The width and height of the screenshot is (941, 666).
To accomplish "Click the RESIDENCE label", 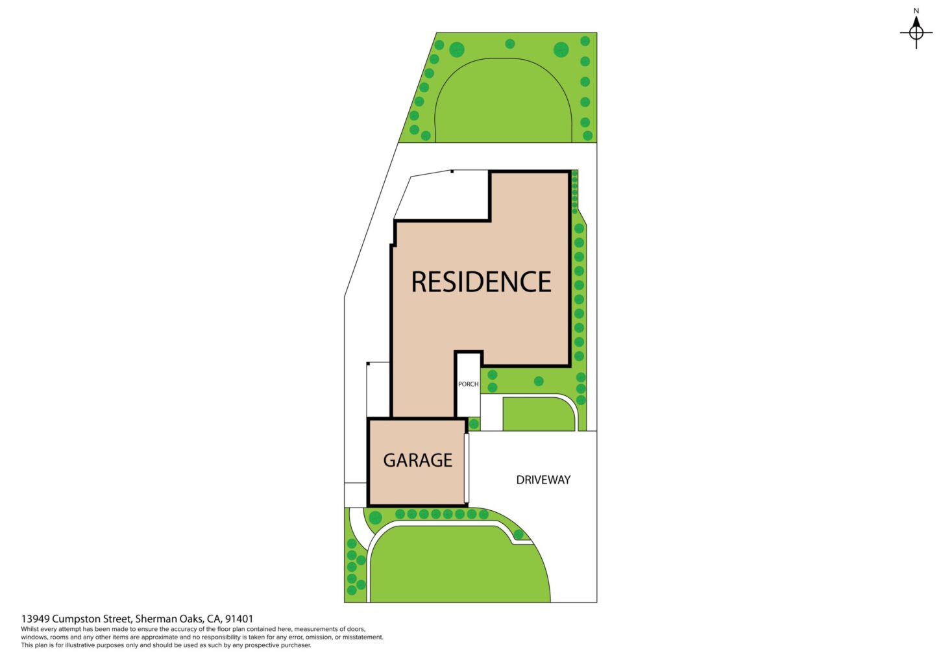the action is pos(481,282).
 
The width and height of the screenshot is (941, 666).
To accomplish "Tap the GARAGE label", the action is pos(417,460).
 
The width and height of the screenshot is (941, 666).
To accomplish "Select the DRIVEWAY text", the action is pos(543,480).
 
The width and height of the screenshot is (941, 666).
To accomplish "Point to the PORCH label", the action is pos(468,384).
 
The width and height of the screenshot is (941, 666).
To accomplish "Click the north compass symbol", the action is pos(916,32).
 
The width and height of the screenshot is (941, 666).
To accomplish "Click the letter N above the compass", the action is pos(916,11).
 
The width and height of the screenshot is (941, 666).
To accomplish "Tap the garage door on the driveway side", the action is pos(467,468).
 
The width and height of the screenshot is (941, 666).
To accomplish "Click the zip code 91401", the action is pos(239,619).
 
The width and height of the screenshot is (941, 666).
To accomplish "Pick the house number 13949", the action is pos(36,619).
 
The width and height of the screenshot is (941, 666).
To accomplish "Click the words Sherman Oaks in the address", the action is pos(169,619).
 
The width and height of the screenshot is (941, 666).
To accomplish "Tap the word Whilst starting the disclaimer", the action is pos(29,629).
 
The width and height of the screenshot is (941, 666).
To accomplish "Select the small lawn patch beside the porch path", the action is pos(539,414).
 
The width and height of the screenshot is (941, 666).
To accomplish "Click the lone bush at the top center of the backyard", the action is pos(510,43).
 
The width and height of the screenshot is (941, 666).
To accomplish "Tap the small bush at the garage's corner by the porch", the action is pos(474,425).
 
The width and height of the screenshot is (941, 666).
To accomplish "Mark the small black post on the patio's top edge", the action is pos(452,171).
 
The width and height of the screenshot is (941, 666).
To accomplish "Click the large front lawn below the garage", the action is pos(460,565).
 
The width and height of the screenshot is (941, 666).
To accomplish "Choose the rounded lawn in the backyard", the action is pos(503,101).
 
